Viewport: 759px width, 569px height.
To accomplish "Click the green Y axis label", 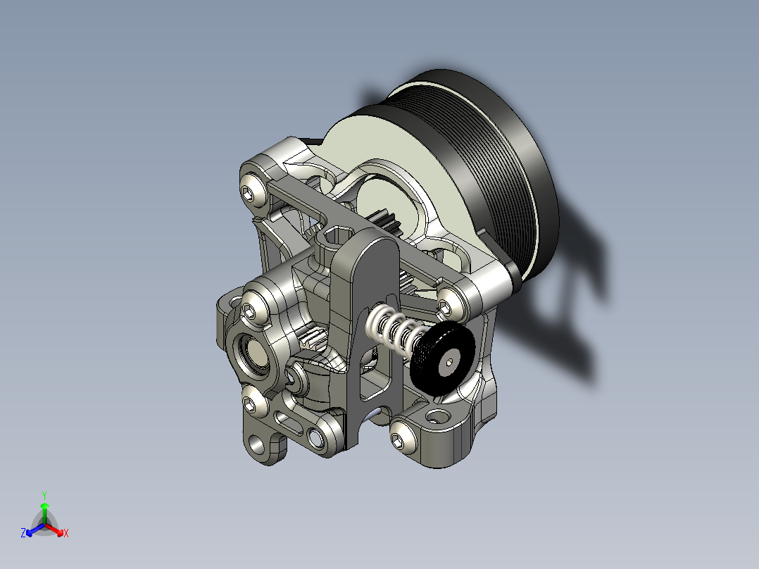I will point(44,494).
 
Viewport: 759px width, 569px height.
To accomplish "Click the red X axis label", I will point(66,534).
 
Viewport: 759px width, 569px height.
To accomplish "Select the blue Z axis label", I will point(23,534).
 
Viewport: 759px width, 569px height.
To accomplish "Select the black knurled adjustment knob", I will point(442,358).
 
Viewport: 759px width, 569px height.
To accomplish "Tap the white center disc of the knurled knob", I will point(448,363).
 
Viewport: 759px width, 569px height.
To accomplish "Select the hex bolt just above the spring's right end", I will point(445,306).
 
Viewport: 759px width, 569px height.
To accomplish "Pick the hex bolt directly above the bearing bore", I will point(250,310).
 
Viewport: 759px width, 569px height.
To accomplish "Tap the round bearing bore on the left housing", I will point(253,353).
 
